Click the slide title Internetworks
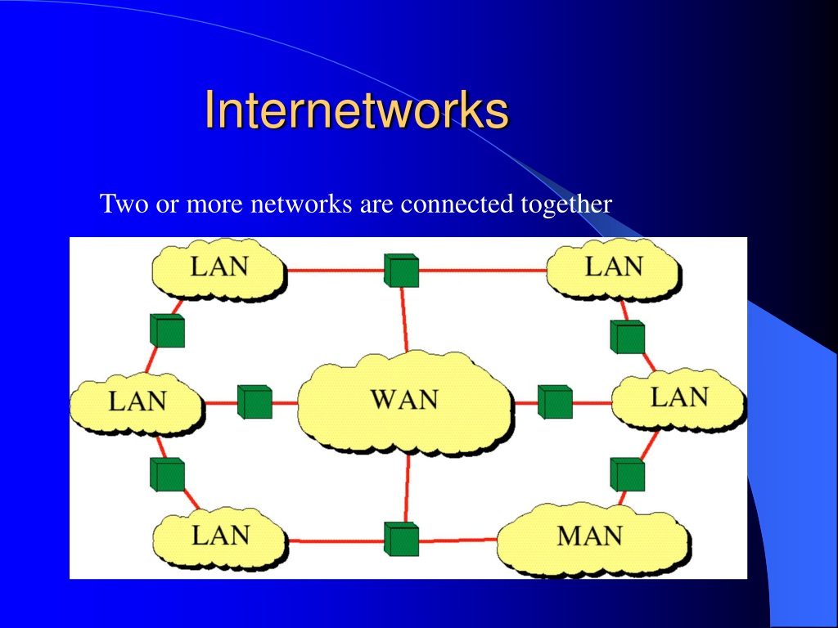coord(357,110)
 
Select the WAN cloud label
coord(404,399)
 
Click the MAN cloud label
coord(589,536)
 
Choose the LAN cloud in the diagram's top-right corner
coord(614,268)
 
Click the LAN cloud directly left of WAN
coord(137,404)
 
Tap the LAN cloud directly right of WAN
coord(678,399)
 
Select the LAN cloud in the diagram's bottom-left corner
coord(220,538)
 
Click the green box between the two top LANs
coord(401,270)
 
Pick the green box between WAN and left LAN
coord(255,401)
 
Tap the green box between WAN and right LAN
coord(555,401)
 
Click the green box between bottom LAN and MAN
coord(401,539)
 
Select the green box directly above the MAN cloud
coord(628,474)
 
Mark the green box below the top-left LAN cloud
coord(167,330)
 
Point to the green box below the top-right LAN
coord(628,336)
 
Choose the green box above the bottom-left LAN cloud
coord(167,474)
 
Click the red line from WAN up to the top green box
coord(404,320)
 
